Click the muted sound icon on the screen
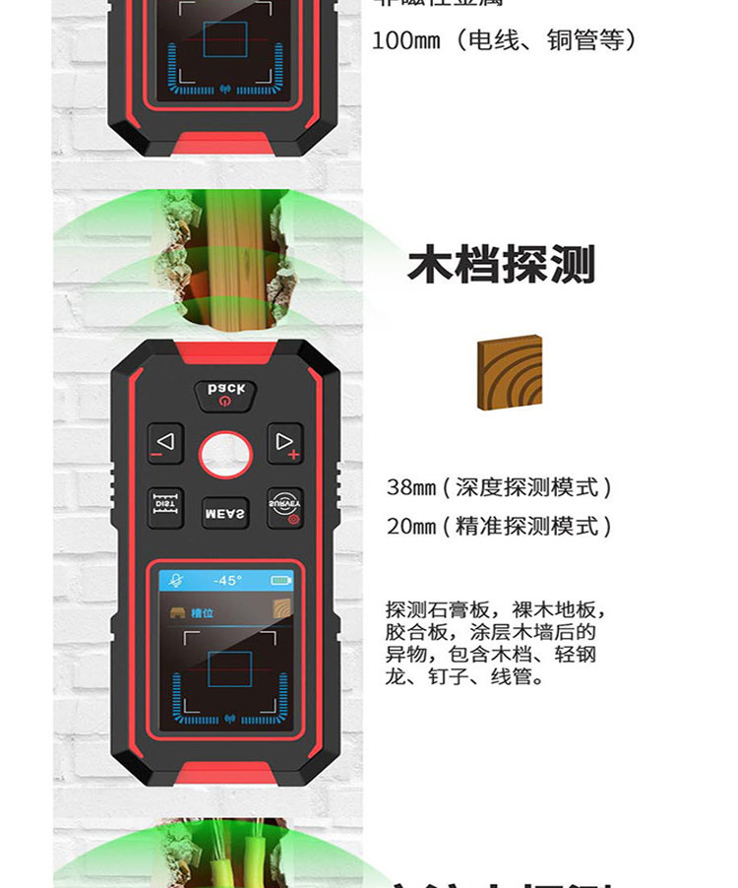177,580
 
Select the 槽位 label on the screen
203,612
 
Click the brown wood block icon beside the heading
510,372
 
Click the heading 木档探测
501,265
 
